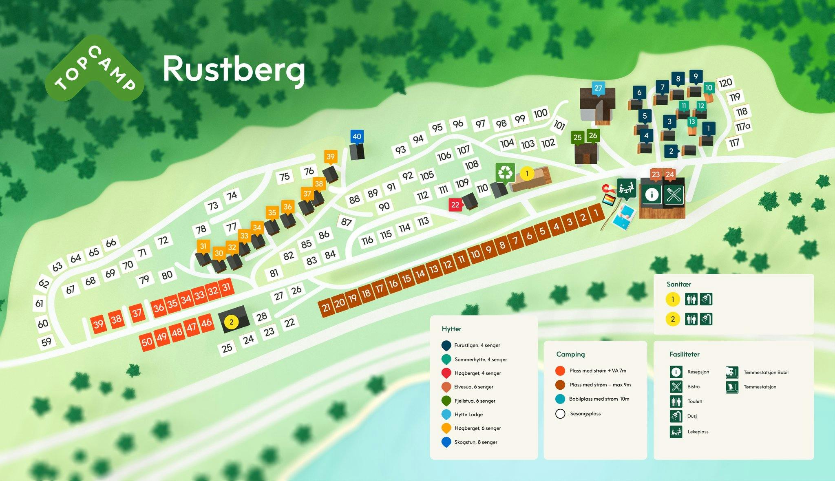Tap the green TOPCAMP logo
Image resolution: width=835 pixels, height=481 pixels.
(x=95, y=68)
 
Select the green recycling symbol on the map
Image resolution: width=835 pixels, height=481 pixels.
(x=506, y=173)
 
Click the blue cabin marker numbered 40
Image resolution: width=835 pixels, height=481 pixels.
(x=357, y=137)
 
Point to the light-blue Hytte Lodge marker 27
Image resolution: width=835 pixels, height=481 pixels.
(x=598, y=88)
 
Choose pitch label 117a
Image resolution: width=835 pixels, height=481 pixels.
(x=743, y=127)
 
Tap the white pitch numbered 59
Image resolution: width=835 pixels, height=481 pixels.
(x=46, y=342)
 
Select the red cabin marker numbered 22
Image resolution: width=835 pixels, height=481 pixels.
(x=455, y=205)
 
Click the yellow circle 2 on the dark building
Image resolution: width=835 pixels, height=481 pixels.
(x=232, y=322)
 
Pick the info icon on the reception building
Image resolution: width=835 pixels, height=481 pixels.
(x=652, y=194)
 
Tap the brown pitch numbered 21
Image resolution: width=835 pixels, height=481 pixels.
(x=326, y=307)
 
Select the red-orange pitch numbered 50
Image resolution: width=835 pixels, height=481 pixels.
(x=147, y=342)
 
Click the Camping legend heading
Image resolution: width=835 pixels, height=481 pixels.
(x=570, y=354)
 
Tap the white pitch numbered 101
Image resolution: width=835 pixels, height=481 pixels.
(x=559, y=125)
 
